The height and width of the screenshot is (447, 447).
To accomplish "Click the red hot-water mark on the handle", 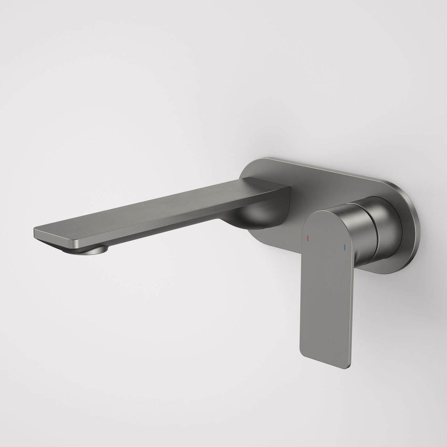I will click(307, 239).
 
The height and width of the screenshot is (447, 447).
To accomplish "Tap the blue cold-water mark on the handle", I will click(344, 247).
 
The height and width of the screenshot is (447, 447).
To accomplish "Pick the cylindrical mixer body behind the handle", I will click(364, 232).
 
